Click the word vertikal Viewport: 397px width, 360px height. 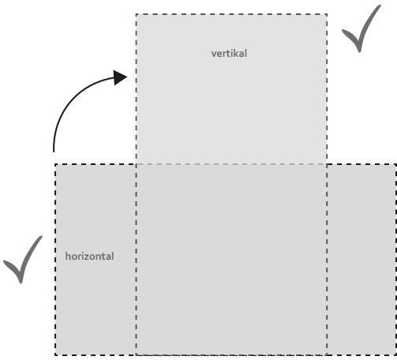(x=229, y=54)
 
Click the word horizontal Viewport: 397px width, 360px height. (x=89, y=256)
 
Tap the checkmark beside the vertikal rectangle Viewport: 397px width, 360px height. (x=361, y=28)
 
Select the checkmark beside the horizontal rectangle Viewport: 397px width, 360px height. (x=23, y=260)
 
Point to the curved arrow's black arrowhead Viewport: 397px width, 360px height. (x=120, y=77)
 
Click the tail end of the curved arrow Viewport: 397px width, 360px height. (x=54, y=152)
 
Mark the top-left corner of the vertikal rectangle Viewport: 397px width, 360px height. (x=137, y=14)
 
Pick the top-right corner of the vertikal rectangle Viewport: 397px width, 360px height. (x=327, y=14)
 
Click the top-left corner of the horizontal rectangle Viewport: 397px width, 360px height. (x=55, y=164)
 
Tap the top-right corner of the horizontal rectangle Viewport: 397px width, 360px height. (x=395, y=164)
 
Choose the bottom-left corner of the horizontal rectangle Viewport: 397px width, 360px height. (x=55, y=355)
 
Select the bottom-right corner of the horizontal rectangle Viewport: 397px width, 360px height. (x=395, y=355)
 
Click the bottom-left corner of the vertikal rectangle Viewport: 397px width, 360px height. (x=137, y=355)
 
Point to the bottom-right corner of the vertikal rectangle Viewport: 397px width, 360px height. (x=327, y=355)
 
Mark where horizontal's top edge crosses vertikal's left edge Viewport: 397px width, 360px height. (x=137, y=164)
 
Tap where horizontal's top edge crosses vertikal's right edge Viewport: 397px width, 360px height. (x=327, y=164)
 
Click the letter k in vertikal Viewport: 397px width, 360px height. (x=235, y=54)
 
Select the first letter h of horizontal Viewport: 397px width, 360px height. (x=68, y=256)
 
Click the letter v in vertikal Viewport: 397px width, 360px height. (x=214, y=54)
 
